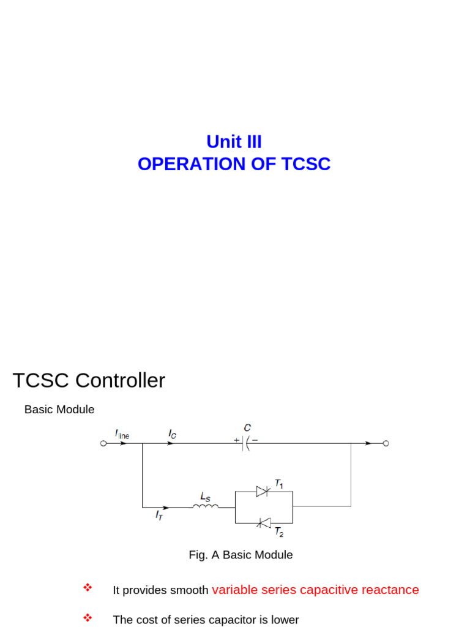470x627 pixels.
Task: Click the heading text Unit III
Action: point(234,142)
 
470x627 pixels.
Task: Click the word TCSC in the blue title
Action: point(306,164)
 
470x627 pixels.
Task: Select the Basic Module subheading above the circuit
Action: point(59,410)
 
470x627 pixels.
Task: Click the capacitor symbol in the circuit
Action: point(246,443)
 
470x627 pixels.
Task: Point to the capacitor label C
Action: point(247,428)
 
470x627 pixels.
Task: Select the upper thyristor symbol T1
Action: point(263,491)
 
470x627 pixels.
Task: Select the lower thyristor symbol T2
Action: point(264,523)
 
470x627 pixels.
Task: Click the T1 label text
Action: point(278,484)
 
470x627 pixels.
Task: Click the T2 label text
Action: point(278,532)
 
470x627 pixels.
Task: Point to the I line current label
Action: point(122,434)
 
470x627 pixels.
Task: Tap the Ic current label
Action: point(173,434)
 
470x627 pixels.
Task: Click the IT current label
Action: point(159,516)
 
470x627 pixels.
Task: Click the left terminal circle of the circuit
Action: point(103,443)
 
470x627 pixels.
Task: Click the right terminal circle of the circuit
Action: point(386,443)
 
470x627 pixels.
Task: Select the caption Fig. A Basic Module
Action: point(241,555)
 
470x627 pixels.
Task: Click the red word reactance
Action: point(390,590)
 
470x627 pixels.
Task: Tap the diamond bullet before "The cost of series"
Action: point(87,618)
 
